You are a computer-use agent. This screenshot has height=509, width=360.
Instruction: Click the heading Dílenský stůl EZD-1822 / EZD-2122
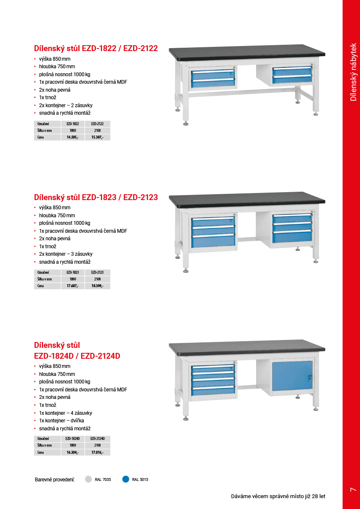[x=96, y=49]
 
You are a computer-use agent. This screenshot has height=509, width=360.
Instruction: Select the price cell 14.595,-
[x=72, y=137]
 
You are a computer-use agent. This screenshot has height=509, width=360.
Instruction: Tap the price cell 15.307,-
[x=98, y=137]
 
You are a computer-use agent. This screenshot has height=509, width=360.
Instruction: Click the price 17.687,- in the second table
[x=72, y=286]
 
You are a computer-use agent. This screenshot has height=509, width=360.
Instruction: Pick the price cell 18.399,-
[x=98, y=286]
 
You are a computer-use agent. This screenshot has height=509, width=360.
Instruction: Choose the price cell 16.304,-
[x=72, y=452]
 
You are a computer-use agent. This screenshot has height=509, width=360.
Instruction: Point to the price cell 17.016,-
[x=98, y=452]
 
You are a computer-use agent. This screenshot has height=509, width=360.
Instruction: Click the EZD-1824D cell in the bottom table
[x=72, y=439]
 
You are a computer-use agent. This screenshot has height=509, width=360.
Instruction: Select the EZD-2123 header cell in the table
[x=98, y=272]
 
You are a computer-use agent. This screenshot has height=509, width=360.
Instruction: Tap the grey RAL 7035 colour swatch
[x=88, y=479]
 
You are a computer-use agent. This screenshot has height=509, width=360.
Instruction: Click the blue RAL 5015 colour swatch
[x=126, y=479]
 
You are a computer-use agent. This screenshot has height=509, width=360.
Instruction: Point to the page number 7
[x=352, y=489]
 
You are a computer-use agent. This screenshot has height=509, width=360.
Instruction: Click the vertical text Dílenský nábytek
[x=353, y=72]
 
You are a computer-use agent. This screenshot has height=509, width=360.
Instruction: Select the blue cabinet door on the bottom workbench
[x=292, y=375]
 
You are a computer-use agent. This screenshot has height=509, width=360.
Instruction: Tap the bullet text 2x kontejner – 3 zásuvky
[x=66, y=254]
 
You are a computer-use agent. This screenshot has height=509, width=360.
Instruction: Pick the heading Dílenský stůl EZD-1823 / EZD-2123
[x=96, y=197]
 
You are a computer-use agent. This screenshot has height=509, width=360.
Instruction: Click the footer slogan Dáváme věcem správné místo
[x=278, y=496]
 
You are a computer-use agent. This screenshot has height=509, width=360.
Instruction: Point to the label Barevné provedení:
[x=55, y=480]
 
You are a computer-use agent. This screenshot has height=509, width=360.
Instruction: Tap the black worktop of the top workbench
[x=247, y=51]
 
